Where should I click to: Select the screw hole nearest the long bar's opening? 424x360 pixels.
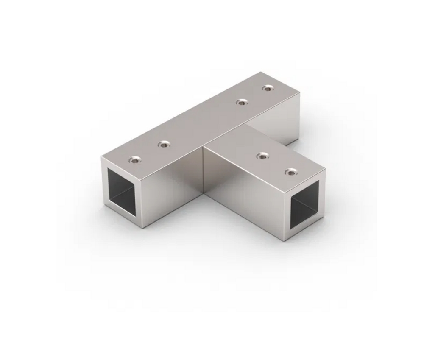pos(135,160)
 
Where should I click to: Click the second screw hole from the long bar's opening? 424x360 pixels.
pos(164,145)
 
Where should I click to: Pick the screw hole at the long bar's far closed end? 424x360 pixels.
pos(267,88)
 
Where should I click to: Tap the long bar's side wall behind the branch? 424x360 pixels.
pos(276,123)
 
